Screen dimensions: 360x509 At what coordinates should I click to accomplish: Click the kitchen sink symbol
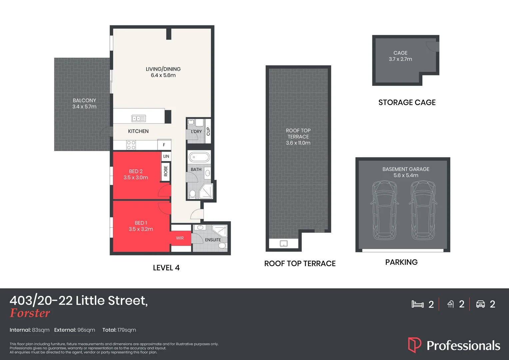[x=139, y=118]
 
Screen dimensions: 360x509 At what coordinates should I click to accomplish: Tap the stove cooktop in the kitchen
[x=131, y=145]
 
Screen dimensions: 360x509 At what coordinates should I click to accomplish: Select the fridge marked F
[x=164, y=145]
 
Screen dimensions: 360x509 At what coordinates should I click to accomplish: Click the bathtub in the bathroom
[x=199, y=157]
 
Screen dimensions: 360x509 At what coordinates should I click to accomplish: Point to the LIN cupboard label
[x=166, y=156]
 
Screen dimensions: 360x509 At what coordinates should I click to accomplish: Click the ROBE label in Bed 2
[x=166, y=171]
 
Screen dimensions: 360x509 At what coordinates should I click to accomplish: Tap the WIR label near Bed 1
[x=180, y=238]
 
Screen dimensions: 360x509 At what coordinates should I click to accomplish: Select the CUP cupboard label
[x=208, y=131]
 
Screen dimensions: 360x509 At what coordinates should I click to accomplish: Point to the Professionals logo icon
[x=414, y=345]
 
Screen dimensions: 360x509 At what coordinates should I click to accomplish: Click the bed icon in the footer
[x=417, y=304]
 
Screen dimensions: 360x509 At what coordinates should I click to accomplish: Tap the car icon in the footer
[x=480, y=304]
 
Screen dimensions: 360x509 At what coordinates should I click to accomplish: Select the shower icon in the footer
[x=450, y=304]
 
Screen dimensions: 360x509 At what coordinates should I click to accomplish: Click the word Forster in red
[x=30, y=313]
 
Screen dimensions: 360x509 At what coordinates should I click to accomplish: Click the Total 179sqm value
[x=127, y=330]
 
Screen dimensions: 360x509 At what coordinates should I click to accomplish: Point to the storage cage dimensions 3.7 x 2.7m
[x=400, y=59]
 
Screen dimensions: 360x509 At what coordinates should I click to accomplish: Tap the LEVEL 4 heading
[x=166, y=268]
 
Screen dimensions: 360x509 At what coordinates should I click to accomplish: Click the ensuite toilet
[x=223, y=246]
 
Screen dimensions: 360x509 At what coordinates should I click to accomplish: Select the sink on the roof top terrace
[x=283, y=243]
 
